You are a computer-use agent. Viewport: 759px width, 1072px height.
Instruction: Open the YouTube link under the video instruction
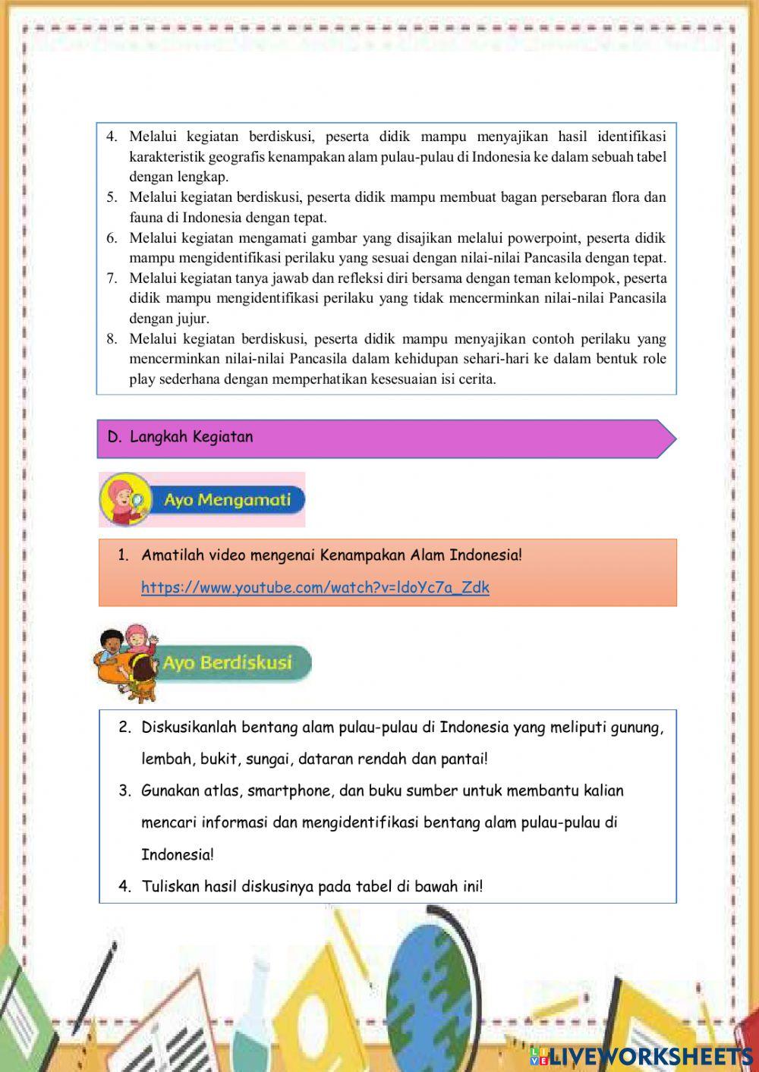click(x=315, y=587)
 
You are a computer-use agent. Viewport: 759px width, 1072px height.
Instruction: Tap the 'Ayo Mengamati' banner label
click(x=226, y=501)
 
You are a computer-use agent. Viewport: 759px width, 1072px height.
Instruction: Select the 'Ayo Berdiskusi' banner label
click(x=226, y=662)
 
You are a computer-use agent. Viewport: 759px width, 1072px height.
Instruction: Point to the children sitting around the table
click(x=125, y=662)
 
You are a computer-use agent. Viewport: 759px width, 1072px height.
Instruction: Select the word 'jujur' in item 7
click(x=193, y=319)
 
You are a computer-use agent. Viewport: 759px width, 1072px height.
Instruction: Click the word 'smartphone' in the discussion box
click(x=288, y=791)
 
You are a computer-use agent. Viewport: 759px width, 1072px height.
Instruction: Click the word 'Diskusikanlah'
click(x=189, y=727)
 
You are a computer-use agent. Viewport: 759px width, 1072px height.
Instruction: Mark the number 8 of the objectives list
click(x=112, y=339)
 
